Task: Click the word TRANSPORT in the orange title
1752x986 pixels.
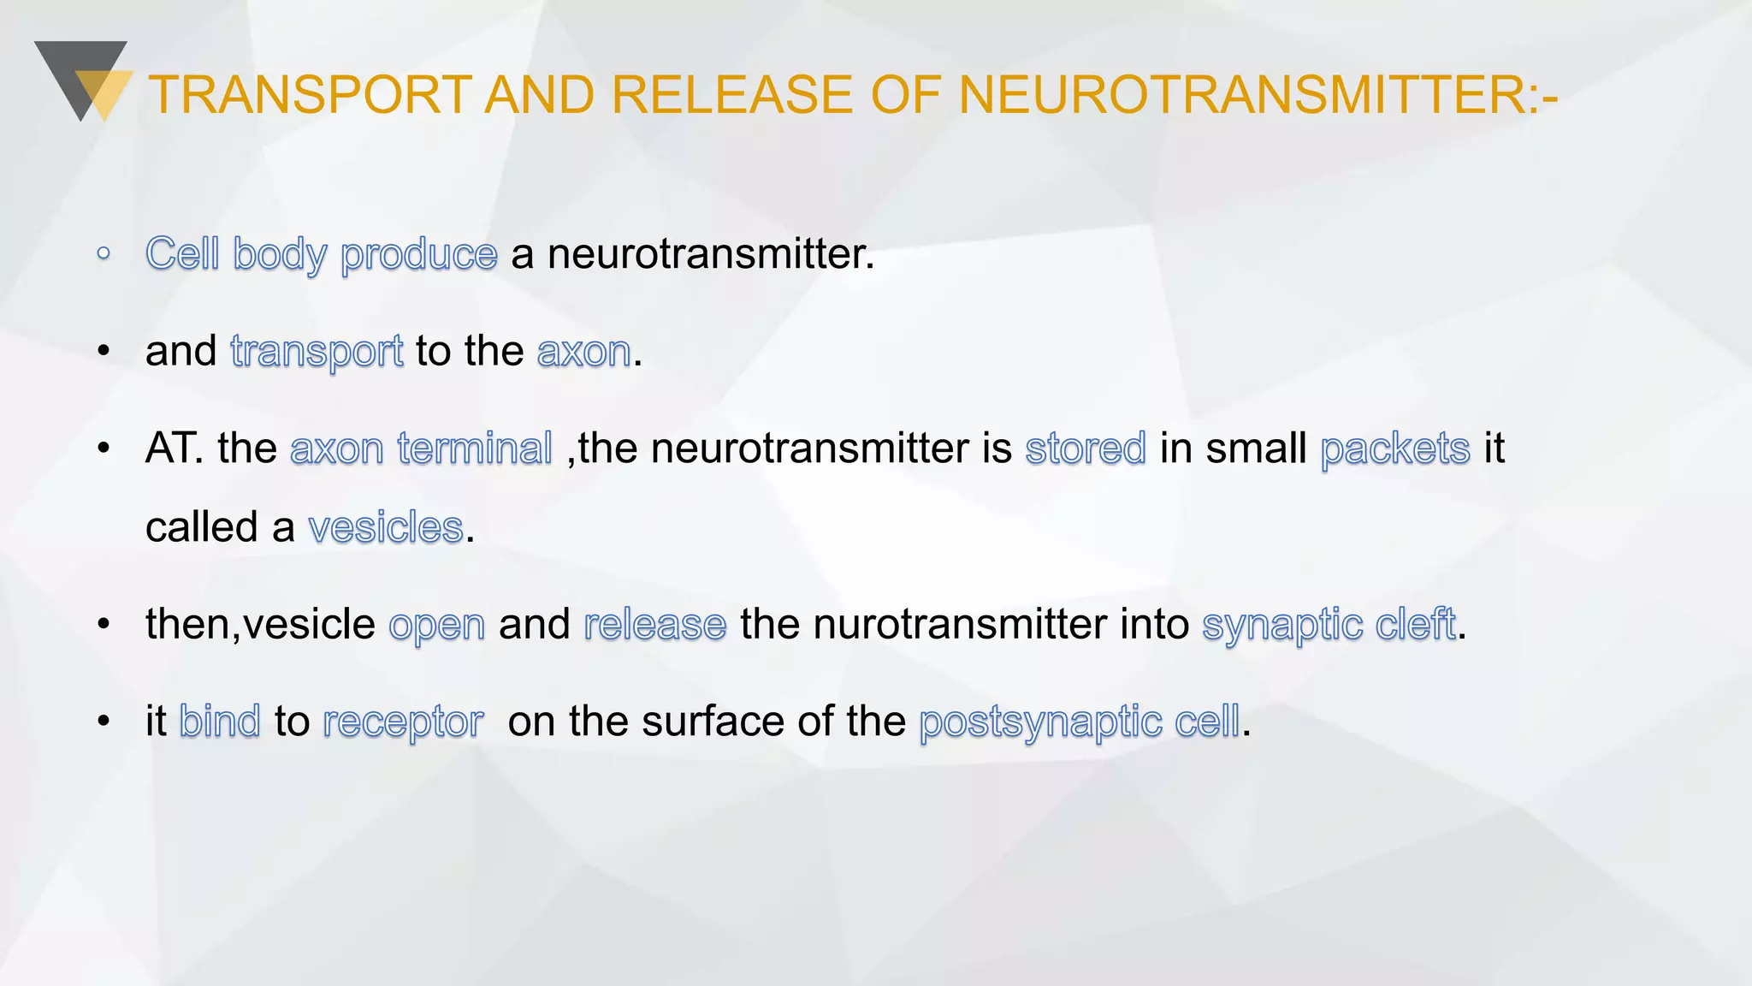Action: (310, 94)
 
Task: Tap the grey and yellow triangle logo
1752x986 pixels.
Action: (84, 81)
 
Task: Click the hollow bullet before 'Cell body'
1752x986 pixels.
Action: (104, 253)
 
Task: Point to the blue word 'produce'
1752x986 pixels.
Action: (418, 254)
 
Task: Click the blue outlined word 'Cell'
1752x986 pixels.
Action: (182, 253)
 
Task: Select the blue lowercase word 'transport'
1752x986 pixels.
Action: (317, 351)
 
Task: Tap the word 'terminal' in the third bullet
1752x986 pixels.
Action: (475, 448)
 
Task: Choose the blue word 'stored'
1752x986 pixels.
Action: (1086, 448)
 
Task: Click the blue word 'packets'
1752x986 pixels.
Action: (1394, 448)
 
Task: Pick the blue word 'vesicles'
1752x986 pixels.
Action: (386, 526)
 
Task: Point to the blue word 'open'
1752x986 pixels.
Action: (436, 625)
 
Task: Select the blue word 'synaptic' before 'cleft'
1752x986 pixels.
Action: (1282, 625)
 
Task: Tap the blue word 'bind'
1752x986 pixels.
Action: (219, 721)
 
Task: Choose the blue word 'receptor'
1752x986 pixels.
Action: (403, 722)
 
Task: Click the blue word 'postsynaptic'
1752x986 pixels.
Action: (1040, 722)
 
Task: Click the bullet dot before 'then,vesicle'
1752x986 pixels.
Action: (104, 624)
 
